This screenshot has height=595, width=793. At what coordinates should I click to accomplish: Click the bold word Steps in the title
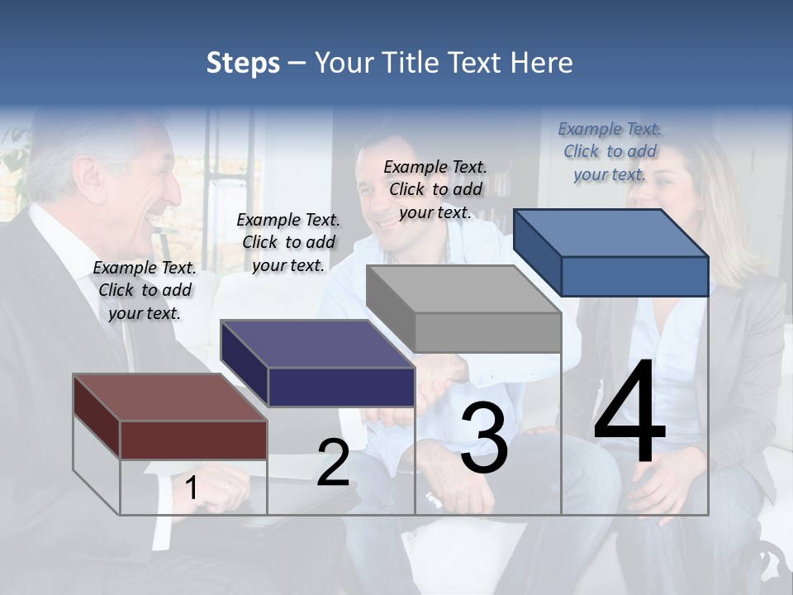click(243, 63)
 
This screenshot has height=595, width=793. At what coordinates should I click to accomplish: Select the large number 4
click(629, 414)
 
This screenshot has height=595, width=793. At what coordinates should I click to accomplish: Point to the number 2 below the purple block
click(333, 463)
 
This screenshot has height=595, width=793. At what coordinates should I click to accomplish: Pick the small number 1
click(192, 488)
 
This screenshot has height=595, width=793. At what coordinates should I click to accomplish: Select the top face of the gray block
click(463, 289)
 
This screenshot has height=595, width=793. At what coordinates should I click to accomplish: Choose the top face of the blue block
click(611, 233)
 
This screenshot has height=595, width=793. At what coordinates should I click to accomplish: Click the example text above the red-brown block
click(145, 290)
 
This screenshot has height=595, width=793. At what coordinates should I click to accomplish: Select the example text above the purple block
click(288, 242)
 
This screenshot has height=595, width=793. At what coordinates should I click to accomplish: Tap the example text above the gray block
click(435, 189)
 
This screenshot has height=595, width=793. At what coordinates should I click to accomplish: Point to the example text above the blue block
click(610, 151)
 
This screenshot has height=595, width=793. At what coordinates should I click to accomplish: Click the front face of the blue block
click(634, 276)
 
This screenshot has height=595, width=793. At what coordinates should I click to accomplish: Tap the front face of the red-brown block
click(193, 440)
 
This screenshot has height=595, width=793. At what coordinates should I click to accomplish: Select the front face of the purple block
click(341, 387)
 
